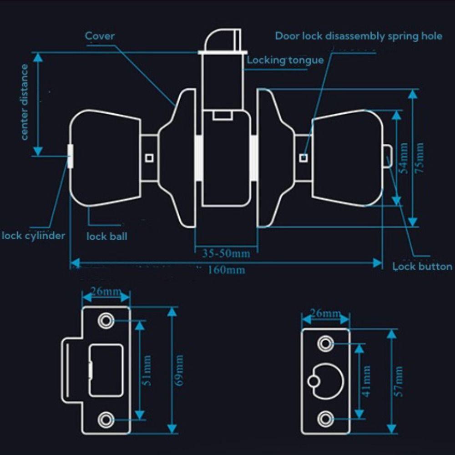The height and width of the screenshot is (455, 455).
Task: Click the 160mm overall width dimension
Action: [x=226, y=270]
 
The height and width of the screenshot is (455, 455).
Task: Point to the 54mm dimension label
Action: [x=403, y=158]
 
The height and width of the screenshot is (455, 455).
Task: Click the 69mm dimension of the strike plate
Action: [x=179, y=370]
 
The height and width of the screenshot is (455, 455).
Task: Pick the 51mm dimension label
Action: [x=147, y=370]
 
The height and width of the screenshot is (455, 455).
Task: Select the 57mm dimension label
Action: [x=399, y=381]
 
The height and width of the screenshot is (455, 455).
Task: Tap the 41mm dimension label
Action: [x=367, y=381]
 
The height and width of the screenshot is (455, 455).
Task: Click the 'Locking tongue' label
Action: [x=285, y=60]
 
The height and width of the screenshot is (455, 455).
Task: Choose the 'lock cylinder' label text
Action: [x=33, y=236]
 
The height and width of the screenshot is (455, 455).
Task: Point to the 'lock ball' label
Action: [x=107, y=237]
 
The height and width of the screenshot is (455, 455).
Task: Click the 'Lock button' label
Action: [x=423, y=267]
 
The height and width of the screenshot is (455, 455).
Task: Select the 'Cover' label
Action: [x=100, y=35]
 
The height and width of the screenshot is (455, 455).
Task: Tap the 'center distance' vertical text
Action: [x=24, y=101]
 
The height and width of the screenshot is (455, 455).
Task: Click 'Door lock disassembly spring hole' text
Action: [x=359, y=36]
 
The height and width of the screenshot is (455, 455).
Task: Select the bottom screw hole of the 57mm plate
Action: [x=325, y=419]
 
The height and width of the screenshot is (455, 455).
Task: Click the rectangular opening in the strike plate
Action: [x=106, y=370]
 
